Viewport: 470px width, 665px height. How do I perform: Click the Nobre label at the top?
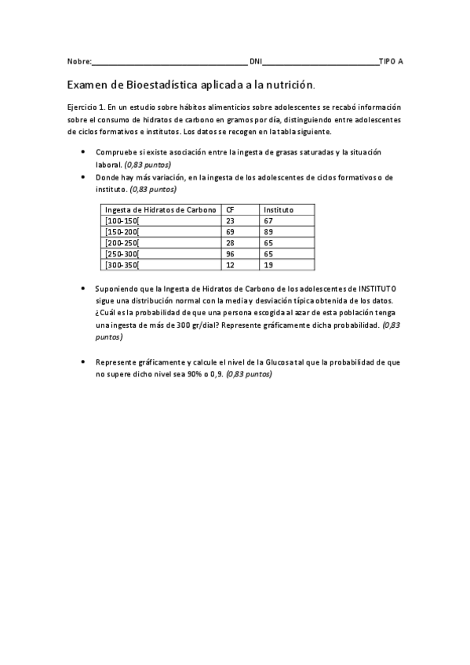click(79, 60)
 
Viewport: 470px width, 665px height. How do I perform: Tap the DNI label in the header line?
click(255, 60)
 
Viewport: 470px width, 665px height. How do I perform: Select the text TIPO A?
click(392, 60)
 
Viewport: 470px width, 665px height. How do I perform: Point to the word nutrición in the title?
click(290, 83)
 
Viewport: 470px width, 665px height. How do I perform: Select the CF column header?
click(230, 209)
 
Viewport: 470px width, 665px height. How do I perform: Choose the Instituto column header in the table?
click(279, 209)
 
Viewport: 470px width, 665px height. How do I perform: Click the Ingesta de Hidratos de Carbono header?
click(160, 209)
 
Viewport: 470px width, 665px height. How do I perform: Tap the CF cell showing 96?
click(231, 254)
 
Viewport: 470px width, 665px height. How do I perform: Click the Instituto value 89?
click(268, 232)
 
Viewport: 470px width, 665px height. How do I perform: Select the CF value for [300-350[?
click(231, 265)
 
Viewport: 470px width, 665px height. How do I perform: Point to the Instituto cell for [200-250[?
click(268, 243)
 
